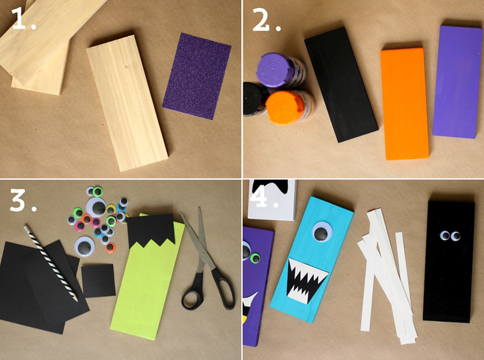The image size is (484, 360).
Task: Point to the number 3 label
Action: click(x=22, y=200)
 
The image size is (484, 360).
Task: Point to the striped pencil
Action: click(x=53, y=263)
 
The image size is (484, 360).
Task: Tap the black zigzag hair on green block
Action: click(x=150, y=232)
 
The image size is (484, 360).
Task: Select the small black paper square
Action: click(x=98, y=281)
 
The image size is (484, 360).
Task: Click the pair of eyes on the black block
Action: click(x=449, y=236)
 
